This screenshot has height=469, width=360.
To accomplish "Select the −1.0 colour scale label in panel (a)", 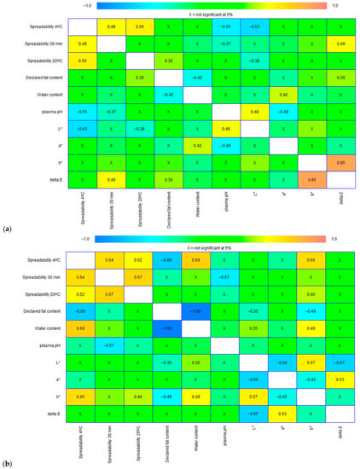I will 89,4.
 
